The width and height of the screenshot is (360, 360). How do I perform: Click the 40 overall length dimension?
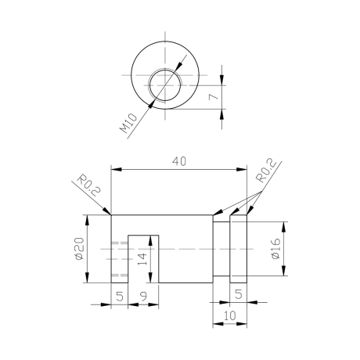tap(179, 161)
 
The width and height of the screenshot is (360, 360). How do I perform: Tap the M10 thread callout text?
tap(128, 123)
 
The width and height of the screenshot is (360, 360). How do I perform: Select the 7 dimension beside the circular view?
tap(214, 96)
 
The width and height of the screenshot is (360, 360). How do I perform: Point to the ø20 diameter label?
tap(80, 249)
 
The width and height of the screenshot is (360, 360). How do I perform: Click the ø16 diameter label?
tap(275, 249)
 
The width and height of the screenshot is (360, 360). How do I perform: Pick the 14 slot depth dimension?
tap(142, 259)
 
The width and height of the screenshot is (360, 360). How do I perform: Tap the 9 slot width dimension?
tap(144, 296)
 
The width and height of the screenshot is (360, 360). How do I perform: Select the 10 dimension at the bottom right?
tap(230, 315)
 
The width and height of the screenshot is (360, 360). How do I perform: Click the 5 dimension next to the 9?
tap(120, 296)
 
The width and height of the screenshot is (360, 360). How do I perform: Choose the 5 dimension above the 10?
tap(239, 294)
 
